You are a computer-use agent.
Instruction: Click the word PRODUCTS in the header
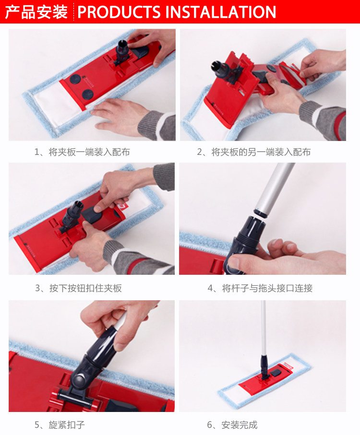click(x=119, y=12)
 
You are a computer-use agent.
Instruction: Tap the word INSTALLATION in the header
click(x=221, y=12)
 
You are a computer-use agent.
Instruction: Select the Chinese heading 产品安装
click(x=36, y=12)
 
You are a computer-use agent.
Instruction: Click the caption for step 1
click(x=82, y=152)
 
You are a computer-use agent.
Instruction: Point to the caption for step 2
click(x=254, y=152)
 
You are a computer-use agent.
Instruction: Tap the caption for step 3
click(x=78, y=288)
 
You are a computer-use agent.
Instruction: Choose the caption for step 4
click(x=260, y=288)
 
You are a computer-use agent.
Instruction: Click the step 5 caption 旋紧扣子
click(x=60, y=425)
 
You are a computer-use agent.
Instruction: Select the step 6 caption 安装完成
click(x=232, y=425)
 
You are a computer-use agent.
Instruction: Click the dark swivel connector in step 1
click(x=122, y=53)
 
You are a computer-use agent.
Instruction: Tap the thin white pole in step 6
click(x=264, y=328)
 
